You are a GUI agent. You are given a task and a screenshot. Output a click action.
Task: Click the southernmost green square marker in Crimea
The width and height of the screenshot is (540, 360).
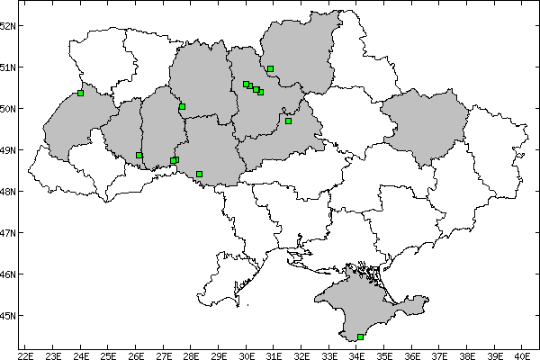point(361,337)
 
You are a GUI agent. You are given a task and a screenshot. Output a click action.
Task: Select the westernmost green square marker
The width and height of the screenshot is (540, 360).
point(81,93)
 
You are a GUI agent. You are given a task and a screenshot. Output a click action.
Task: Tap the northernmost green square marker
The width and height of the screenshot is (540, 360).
point(270,68)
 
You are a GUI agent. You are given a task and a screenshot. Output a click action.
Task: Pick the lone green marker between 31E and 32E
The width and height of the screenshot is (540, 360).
point(288,121)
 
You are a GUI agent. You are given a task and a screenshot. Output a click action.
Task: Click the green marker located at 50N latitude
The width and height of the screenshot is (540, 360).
point(182,107)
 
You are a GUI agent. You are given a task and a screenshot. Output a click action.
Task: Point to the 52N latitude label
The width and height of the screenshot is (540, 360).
point(9,25)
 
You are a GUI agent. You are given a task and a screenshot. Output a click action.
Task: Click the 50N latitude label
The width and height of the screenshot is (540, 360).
point(9,109)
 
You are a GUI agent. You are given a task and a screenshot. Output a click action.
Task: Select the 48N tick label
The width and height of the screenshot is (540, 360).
point(9,192)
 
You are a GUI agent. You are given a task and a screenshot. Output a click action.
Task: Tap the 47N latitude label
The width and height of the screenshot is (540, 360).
point(9,233)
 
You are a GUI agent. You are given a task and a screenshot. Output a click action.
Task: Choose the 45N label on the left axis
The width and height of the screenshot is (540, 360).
point(9,316)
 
